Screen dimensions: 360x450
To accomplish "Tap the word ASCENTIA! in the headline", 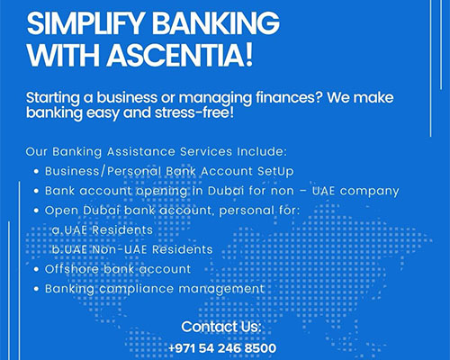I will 203,56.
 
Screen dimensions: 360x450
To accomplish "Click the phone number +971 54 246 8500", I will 221,347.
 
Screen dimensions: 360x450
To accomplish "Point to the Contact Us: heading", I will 221,326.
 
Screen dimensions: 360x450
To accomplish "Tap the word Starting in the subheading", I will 57,96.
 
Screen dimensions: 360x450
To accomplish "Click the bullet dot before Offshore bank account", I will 34,269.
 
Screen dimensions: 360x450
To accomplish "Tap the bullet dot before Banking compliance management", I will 34,289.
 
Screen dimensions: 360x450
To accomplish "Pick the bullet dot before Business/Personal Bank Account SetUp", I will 34,170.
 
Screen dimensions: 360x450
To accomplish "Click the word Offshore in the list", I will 73,269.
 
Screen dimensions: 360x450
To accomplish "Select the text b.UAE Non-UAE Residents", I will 131,249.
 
